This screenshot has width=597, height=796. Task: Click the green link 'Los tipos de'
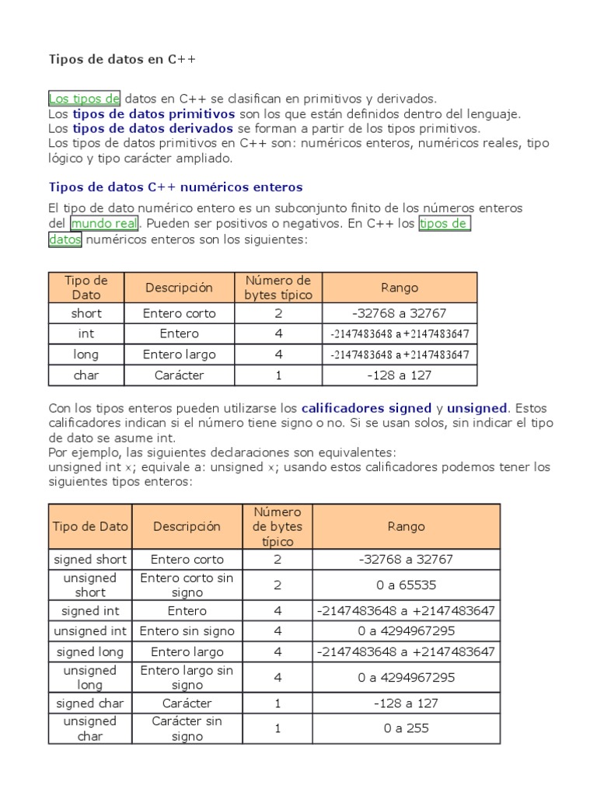84,99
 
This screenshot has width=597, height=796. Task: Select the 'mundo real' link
104,224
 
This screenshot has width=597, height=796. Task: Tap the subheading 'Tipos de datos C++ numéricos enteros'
176,187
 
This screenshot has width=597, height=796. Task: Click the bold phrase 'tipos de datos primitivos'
154,113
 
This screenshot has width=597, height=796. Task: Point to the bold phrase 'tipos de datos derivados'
153,128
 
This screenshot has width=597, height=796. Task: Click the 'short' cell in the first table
86,313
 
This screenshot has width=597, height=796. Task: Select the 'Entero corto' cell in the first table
180,313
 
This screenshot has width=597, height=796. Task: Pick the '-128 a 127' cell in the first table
400,375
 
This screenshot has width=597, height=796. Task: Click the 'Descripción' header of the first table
180,288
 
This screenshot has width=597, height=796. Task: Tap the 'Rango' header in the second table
406,526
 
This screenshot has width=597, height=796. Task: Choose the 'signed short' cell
90,559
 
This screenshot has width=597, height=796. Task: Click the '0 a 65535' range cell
406,585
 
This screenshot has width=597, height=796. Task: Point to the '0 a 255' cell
406,728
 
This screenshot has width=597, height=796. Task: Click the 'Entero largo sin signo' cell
187,677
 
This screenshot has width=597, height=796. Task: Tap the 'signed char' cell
90,703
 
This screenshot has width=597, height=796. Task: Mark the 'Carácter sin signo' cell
187,728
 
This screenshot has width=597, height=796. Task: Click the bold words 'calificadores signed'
366,407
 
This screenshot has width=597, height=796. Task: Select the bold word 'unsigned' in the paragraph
477,407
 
